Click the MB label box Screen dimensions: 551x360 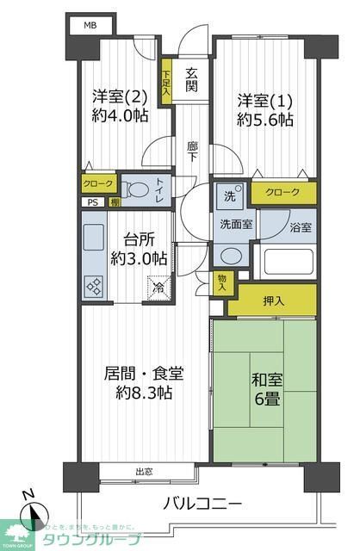point(90,25)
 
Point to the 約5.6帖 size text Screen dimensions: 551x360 point(265,119)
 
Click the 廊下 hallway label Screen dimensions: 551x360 point(191,152)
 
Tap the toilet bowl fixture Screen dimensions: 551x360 point(134,191)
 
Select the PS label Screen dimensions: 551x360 point(91,203)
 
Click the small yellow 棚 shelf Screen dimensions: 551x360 point(113,203)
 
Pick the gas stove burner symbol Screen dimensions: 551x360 point(94,287)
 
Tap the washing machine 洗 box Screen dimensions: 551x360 point(231,195)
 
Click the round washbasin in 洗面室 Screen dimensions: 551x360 point(230,256)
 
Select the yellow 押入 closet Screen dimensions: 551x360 point(272,300)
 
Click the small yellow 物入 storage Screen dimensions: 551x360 point(221,282)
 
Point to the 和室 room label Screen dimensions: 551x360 point(266,379)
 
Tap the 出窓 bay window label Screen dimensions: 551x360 point(144,471)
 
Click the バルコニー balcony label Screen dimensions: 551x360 point(205,504)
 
